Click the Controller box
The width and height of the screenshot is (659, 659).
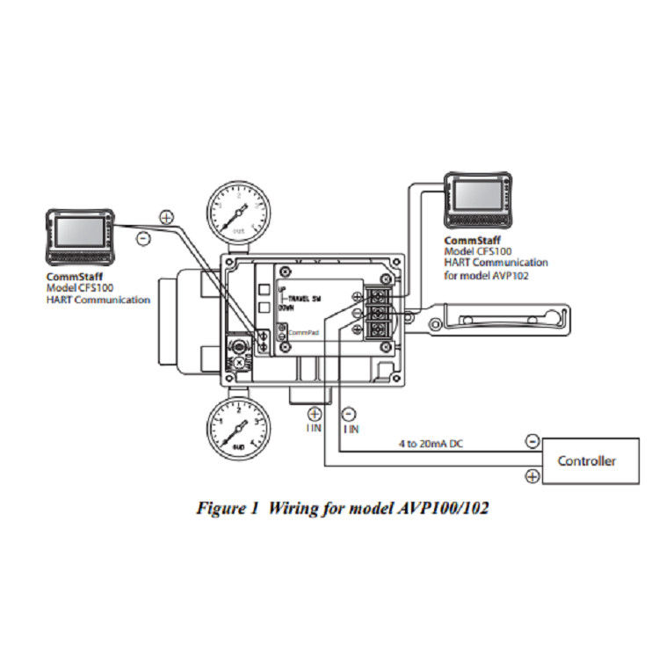pyautogui.click(x=587, y=460)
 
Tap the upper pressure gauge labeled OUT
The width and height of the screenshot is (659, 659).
pyautogui.click(x=240, y=212)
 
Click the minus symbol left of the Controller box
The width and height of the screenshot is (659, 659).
pyautogui.click(x=532, y=442)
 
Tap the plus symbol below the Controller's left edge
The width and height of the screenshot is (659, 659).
pyautogui.click(x=532, y=476)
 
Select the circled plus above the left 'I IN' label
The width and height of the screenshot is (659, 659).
pyautogui.click(x=314, y=413)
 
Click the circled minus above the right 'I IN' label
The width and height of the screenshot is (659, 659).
pyautogui.click(x=350, y=413)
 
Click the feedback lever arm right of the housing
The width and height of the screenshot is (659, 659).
pyautogui.click(x=501, y=317)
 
